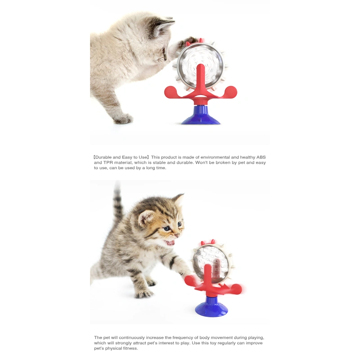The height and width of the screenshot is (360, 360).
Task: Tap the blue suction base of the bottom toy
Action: (211, 309)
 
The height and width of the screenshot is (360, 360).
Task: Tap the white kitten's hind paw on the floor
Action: (123, 119)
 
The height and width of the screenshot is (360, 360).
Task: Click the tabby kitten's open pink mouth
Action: (170, 243)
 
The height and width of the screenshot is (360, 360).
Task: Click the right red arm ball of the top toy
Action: (230, 92)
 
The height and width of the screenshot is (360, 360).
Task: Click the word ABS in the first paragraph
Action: (260, 157)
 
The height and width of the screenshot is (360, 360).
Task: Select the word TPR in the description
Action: (106, 162)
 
